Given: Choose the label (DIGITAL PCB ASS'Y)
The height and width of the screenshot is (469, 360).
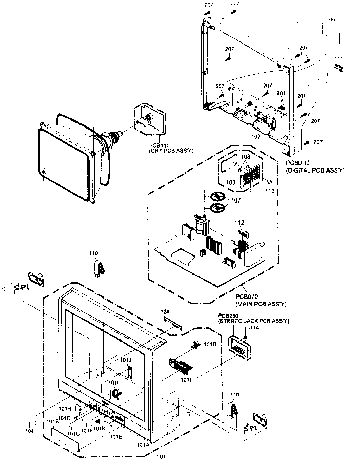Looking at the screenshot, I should coord(314,171).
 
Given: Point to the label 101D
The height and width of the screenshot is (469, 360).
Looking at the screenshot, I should coord(210,345).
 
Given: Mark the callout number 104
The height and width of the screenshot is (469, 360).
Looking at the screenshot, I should coord(31,431).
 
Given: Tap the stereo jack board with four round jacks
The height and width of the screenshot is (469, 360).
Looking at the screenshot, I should coord(238,348).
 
